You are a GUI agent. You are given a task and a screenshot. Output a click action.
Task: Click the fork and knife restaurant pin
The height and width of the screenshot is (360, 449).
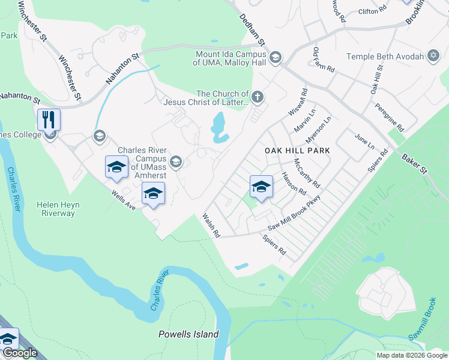[49, 119]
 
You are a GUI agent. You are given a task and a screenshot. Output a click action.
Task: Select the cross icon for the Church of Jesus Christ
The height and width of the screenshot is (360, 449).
[258, 97]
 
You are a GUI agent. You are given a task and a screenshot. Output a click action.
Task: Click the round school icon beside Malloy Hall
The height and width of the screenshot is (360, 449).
[276, 58]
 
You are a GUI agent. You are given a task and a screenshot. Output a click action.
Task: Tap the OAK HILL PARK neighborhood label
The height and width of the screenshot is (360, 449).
[297, 150]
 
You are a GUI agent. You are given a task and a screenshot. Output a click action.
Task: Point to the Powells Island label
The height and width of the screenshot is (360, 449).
[188, 334]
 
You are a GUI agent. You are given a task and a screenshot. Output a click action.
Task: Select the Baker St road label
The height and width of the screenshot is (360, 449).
[414, 164]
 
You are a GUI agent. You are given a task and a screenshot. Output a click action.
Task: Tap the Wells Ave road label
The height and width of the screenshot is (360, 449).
[124, 200]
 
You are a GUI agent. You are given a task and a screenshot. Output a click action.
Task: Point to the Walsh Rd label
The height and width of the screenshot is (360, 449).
[211, 226]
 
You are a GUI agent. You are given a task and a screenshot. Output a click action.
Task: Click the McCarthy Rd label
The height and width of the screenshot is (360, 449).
[307, 173]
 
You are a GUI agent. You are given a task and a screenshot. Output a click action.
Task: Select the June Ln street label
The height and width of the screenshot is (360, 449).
[364, 143]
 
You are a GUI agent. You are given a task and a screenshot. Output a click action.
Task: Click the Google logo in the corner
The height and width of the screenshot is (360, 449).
[20, 353]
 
